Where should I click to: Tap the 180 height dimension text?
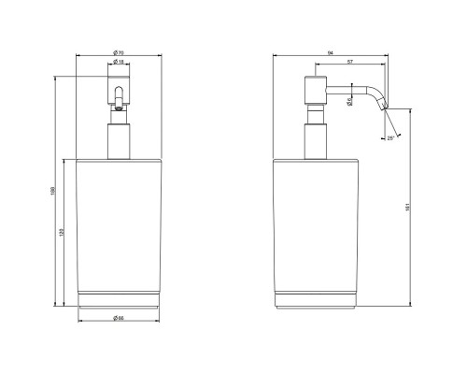click(52, 194)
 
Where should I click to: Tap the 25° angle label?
click(389, 138)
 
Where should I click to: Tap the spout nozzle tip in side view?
click(383, 108)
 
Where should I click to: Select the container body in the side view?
click(314, 224)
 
